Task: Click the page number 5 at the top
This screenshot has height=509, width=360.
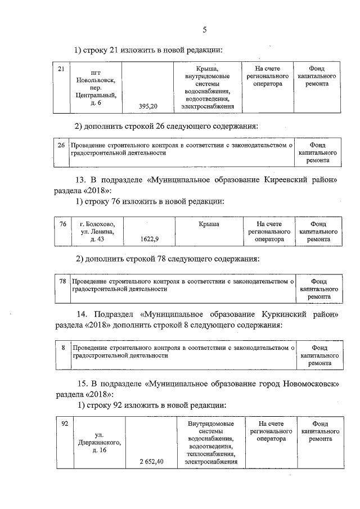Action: pyautogui.click(x=205, y=30)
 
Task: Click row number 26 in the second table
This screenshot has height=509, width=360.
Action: pyautogui.click(x=62, y=145)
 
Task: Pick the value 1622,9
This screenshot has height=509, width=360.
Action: pyautogui.click(x=149, y=239)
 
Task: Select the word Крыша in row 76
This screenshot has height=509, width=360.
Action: pyautogui.click(x=209, y=224)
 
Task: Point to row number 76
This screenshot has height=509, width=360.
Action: pyautogui.click(x=63, y=224)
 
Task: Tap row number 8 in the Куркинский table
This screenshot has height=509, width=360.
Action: pyautogui.click(x=63, y=348)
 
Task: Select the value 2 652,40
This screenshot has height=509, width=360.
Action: pyautogui.click(x=151, y=462)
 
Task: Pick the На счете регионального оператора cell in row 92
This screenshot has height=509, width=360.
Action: pyautogui.click(x=268, y=430)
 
